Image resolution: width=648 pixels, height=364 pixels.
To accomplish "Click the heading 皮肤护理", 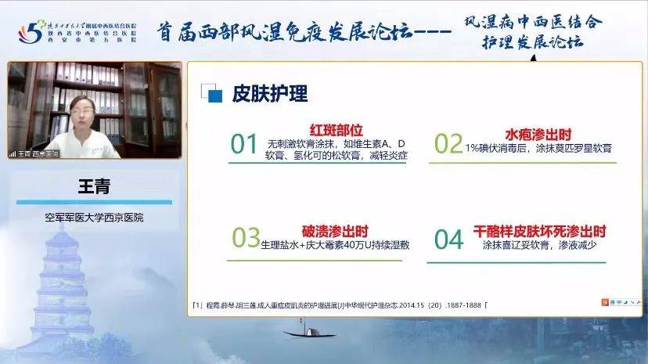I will (269, 94).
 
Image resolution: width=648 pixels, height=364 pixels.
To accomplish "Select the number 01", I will (244, 144).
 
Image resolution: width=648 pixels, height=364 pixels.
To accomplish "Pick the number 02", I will (448, 144).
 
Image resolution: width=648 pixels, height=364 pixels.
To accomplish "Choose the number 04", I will (448, 239).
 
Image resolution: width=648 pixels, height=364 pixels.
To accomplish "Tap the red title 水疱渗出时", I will (539, 134).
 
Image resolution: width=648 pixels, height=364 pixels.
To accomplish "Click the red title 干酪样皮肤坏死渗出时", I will (540, 231).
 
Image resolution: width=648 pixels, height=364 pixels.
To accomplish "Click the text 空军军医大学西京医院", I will (94, 217).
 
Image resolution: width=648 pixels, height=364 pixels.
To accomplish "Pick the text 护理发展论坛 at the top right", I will (533, 41).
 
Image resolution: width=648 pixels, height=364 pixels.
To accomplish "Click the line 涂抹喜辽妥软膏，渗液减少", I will (540, 245).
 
